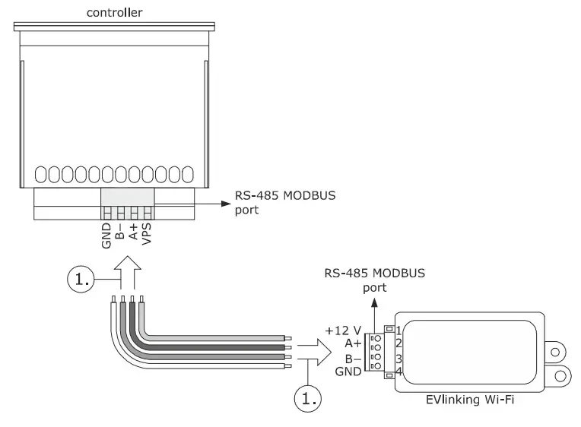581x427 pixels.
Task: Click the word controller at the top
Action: tap(114, 12)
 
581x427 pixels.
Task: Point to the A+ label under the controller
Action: tap(133, 230)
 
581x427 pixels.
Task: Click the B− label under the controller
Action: tap(120, 230)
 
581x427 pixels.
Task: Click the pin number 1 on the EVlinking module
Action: tap(398, 330)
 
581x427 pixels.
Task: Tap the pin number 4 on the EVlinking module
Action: tap(398, 372)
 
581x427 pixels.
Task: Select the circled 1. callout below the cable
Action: tap(307, 397)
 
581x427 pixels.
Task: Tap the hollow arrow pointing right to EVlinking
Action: tap(316, 351)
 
